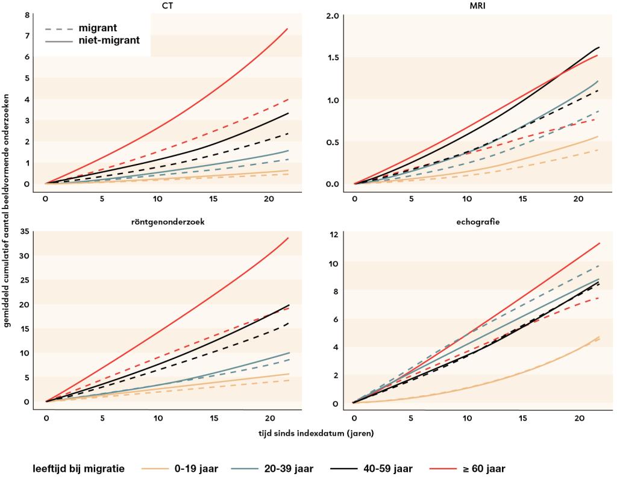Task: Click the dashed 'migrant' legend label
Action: click(x=98, y=28)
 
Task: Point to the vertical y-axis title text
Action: click(x=7, y=211)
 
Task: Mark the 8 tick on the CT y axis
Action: click(x=27, y=14)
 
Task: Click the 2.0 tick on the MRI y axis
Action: click(x=333, y=14)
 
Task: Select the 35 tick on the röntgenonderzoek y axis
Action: click(x=25, y=231)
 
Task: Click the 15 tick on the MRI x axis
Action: click(x=522, y=198)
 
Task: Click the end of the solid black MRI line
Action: click(x=599, y=47)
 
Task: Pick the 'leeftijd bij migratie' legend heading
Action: click(x=78, y=469)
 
